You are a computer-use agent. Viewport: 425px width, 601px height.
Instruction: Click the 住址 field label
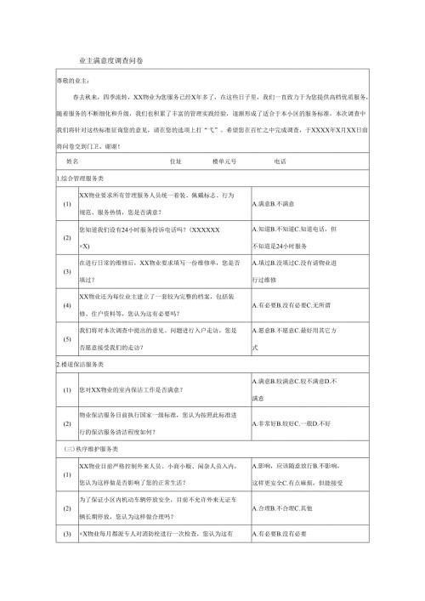[x=176, y=159]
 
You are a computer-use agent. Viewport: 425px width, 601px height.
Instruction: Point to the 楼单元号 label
[x=224, y=159]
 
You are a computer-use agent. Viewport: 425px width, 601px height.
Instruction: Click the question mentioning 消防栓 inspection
[x=157, y=535]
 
